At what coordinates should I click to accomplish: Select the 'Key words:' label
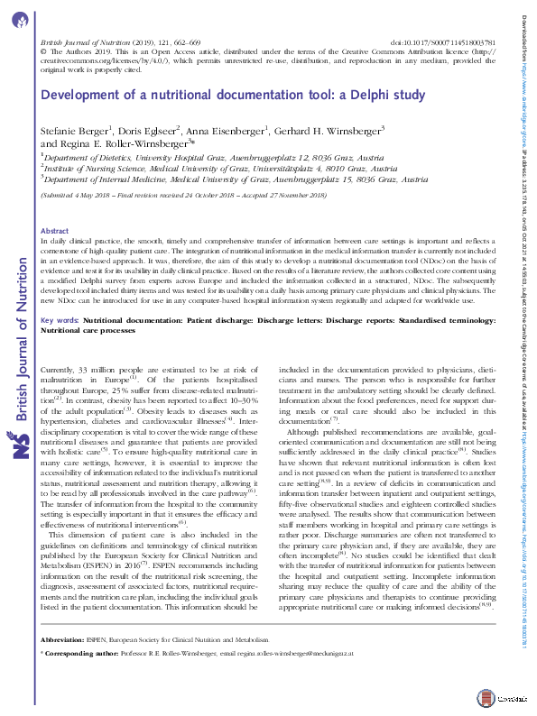[60, 295]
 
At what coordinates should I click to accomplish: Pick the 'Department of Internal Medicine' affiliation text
[99, 179]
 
